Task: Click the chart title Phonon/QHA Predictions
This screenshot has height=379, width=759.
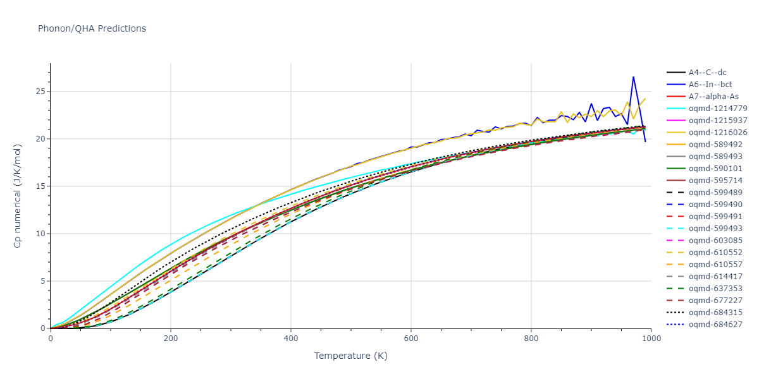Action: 92,28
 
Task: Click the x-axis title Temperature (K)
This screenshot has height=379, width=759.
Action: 351,356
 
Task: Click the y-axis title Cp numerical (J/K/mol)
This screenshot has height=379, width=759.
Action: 18,196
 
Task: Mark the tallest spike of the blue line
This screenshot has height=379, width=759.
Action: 633,77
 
